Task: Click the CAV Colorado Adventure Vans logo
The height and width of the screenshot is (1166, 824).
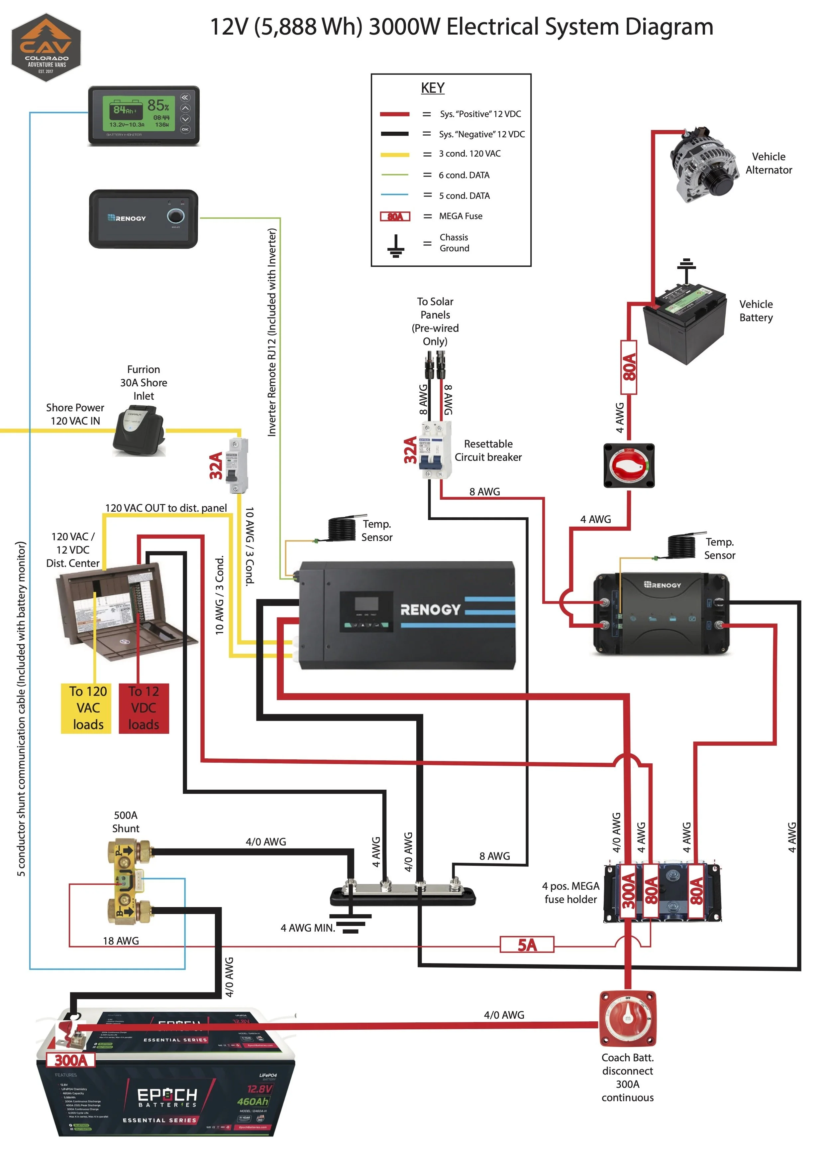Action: (46, 47)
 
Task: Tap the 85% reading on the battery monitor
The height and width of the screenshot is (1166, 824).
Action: (158, 106)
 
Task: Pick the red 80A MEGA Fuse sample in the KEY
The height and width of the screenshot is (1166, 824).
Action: (395, 217)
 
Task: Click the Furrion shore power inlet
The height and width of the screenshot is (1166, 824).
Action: (139, 430)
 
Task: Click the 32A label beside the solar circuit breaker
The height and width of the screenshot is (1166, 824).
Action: (410, 451)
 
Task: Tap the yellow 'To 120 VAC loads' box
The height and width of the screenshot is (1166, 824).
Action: (86, 708)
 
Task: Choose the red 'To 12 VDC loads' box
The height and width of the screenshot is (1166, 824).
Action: (144, 708)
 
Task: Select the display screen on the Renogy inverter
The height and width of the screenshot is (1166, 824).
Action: (366, 603)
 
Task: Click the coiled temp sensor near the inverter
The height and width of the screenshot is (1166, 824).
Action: (345, 529)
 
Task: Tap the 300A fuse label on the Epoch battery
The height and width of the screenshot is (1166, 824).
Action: (71, 1060)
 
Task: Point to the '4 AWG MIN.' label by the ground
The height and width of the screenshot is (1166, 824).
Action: (307, 928)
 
